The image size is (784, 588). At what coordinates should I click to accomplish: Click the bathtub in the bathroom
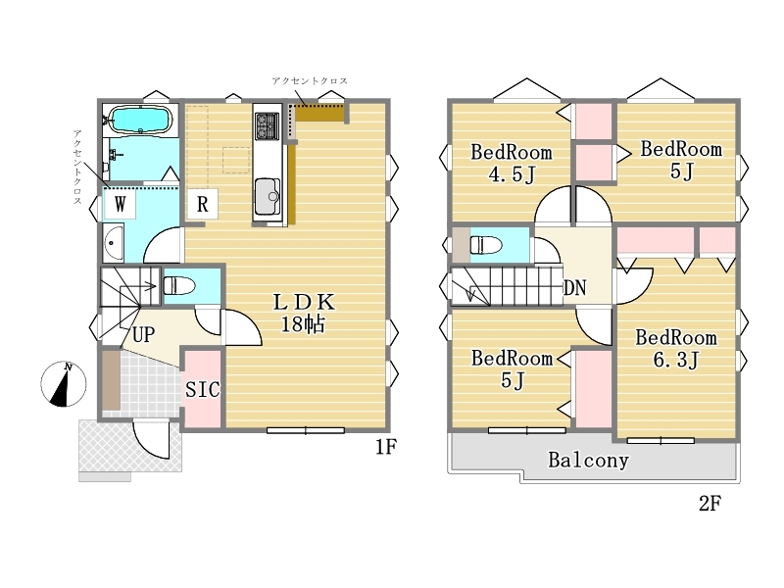(141, 120)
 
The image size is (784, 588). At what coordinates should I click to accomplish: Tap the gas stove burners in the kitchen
(267, 125)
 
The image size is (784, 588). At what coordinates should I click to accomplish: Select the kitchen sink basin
(268, 196)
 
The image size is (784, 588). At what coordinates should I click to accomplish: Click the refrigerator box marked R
(202, 204)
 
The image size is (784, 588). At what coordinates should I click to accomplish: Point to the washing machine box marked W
(120, 203)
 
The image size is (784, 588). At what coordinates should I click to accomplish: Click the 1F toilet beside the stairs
(179, 285)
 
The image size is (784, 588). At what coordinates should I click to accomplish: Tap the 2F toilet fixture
(485, 244)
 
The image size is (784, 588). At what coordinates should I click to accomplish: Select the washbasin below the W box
(114, 243)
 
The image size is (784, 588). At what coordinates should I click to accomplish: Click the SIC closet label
(203, 389)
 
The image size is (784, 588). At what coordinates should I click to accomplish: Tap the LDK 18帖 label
(303, 313)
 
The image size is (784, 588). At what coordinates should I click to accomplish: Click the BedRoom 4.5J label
(512, 163)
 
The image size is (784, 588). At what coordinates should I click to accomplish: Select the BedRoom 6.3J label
(676, 349)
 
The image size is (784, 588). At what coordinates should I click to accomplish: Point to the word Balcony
(589, 460)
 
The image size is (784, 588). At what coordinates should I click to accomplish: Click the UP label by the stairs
(143, 334)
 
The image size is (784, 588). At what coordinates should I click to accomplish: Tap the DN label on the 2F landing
(574, 287)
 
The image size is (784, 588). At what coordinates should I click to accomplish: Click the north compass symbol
(64, 384)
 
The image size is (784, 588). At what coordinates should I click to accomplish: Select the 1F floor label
(386, 447)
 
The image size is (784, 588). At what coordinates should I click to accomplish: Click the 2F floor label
(710, 504)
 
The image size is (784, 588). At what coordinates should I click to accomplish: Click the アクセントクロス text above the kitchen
(310, 80)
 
